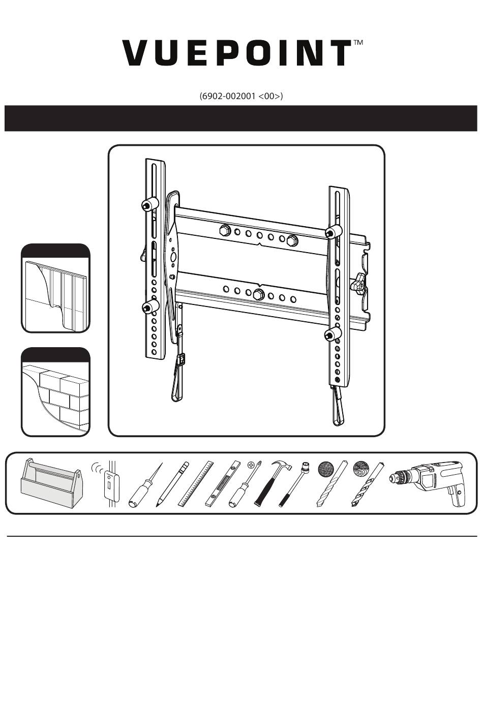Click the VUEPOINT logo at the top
pos(236,53)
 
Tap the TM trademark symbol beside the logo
pos(358,43)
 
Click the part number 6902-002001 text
pos(241,96)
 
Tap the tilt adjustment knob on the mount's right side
pos(360,283)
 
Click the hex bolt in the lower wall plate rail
pos(258,293)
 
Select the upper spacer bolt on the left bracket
pos(147,204)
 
